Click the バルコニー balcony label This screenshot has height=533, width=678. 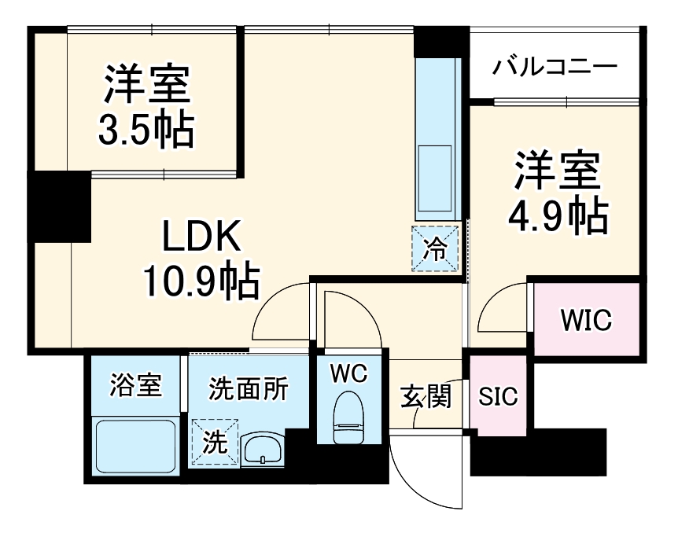coord(555,68)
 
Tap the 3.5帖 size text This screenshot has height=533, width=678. coord(146,129)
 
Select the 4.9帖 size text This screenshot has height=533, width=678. coord(558,215)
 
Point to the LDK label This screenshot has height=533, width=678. coord(201,236)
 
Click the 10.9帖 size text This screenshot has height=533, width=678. coord(201,281)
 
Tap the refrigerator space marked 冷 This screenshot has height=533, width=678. coord(435,248)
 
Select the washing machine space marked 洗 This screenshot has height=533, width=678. coord(215,442)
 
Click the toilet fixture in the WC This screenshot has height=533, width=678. coord(348,417)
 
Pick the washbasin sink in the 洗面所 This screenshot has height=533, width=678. coord(262,449)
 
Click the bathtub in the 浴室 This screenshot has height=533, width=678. coord(136,446)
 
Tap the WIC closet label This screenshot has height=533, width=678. coord(586,320)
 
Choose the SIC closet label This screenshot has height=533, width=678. coord(498,395)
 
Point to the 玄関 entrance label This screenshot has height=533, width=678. coord(426,396)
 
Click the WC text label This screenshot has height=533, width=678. coord(348,373)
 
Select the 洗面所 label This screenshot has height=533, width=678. coord(249,388)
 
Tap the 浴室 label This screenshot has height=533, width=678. coord(136,384)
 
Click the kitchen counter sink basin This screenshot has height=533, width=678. coord(435,178)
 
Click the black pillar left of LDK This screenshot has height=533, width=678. coord(59,207)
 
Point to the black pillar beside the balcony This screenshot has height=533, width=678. coord(441,42)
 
